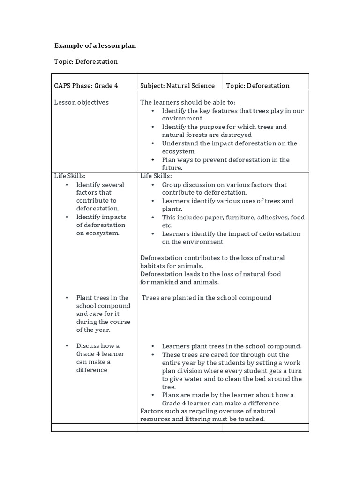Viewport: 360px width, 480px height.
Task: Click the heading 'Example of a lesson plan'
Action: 95,45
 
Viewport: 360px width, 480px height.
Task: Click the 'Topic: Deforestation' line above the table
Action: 86,61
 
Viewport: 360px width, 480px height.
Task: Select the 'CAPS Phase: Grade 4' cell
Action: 86,85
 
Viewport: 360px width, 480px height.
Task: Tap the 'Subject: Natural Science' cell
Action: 177,85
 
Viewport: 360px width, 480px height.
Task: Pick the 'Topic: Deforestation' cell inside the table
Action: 257,85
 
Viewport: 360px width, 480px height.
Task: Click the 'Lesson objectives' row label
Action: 81,102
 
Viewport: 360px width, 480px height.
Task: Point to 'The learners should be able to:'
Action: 188,102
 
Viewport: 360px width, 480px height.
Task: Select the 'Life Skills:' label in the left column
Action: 70,176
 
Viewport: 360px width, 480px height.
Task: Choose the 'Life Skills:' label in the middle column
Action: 156,176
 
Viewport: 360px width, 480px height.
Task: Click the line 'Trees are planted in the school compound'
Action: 206,298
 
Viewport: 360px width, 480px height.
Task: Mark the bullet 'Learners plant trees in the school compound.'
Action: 232,346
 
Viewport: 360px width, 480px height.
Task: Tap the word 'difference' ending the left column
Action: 92,370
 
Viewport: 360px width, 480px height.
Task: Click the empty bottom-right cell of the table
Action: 265,427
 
